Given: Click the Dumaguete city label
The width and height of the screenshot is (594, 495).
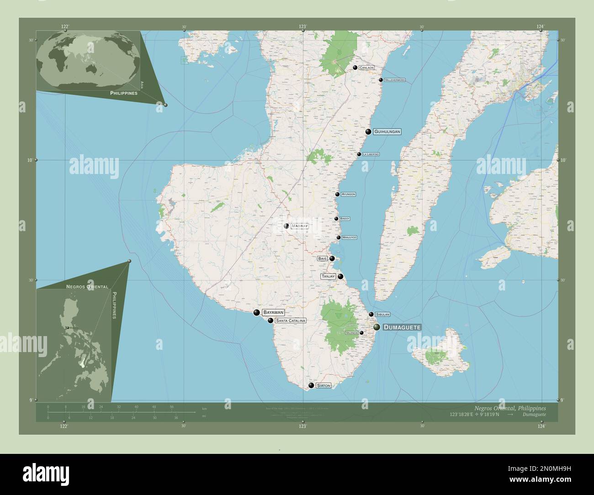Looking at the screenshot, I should pos(401,327).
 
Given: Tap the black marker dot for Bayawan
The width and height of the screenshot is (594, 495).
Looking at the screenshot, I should pos(256,312).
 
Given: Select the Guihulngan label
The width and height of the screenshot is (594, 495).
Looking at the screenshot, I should pos(387,132).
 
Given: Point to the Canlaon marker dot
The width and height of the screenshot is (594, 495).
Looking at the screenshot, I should pos(355,68).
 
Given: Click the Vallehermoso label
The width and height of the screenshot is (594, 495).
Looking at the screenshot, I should pos(394,80).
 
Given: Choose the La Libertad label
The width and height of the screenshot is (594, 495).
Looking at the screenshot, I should pos(371,154).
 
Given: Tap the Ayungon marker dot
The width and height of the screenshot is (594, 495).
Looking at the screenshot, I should pos(337,194).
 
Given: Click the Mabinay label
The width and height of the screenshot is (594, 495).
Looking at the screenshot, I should pos(299,226).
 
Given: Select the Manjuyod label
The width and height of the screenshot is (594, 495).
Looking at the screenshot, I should pos(349,237).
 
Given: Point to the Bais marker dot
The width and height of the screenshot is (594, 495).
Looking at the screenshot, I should pos(332,258).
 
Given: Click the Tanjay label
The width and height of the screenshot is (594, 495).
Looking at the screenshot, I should pos(328,276).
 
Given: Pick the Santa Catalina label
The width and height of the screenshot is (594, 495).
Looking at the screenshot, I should pos(290,321).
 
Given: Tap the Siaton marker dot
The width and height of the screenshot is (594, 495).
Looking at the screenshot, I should pos(311,385).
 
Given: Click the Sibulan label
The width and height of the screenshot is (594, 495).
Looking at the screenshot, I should pos(382,315).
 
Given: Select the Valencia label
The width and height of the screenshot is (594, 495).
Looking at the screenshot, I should pos(351,333).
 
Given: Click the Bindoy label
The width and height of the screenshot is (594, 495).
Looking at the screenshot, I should pos(345,219).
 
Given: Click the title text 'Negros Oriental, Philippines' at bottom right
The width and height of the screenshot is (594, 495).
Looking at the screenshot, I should pos(510,407).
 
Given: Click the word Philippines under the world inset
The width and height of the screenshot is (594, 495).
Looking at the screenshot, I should pos(123,93).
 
